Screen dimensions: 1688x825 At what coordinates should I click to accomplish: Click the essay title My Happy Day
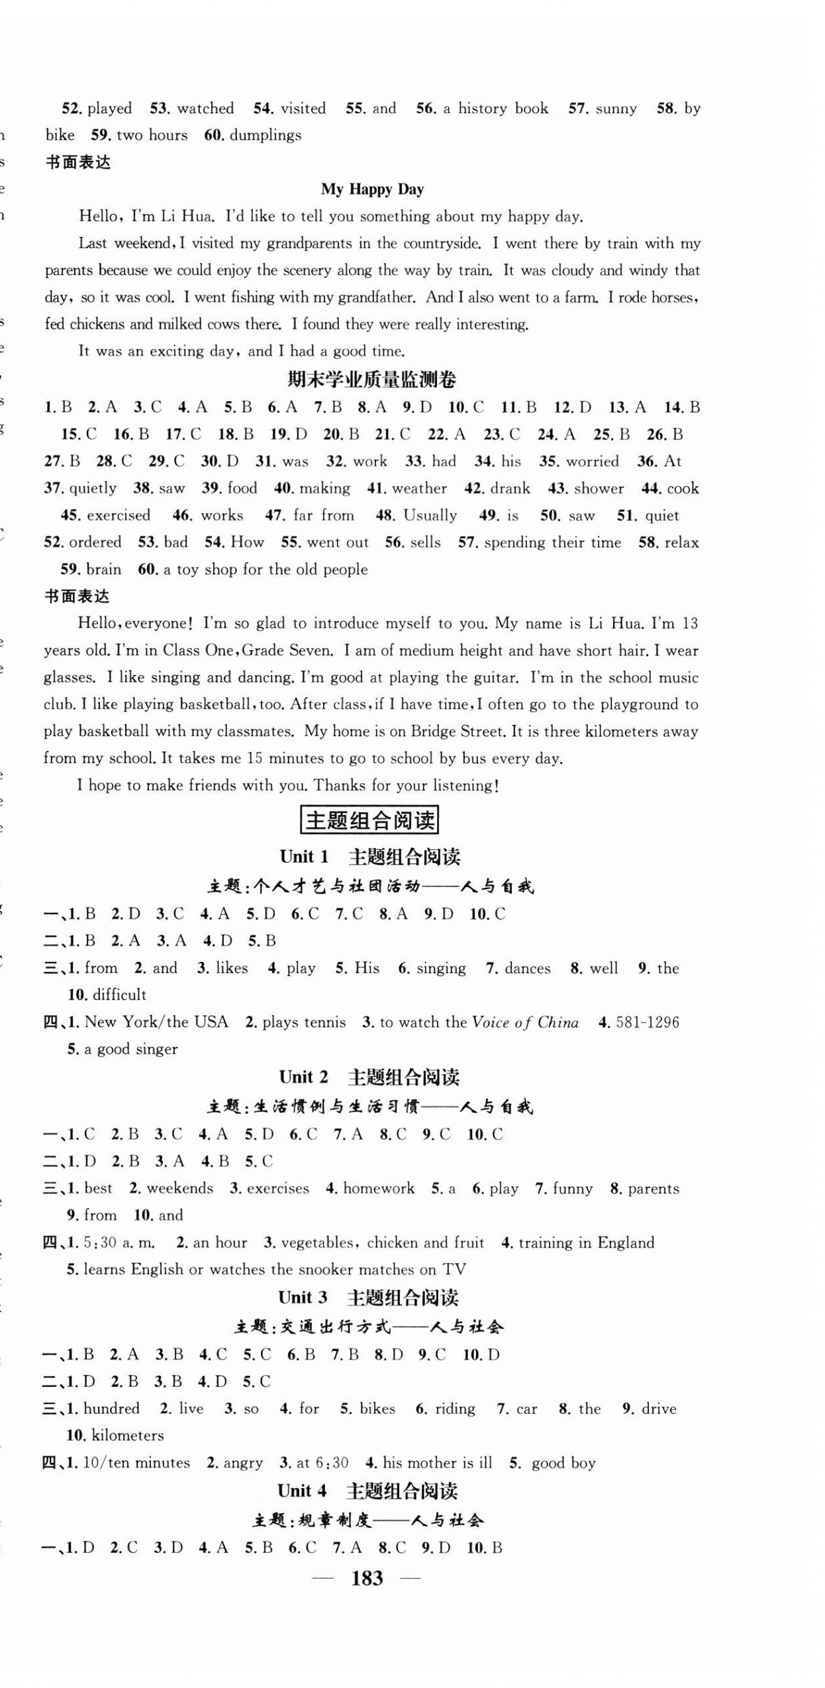click(372, 189)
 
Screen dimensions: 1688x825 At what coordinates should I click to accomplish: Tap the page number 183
click(367, 1578)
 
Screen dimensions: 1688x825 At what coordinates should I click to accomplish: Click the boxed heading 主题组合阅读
click(369, 820)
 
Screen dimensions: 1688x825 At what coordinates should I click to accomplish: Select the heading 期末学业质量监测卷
click(372, 380)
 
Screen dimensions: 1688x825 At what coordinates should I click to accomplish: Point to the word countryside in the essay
click(440, 243)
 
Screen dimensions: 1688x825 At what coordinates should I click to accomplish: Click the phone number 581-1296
click(648, 1022)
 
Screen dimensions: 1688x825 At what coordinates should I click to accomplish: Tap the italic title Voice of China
click(525, 1022)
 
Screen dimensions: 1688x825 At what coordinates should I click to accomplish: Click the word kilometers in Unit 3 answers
click(128, 1435)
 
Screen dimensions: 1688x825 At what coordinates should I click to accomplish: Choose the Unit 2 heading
click(369, 1077)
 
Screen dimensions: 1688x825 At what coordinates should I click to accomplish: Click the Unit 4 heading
click(367, 1491)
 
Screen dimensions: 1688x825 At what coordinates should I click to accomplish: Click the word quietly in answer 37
click(93, 489)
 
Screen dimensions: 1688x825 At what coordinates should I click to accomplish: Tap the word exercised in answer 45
click(119, 516)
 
